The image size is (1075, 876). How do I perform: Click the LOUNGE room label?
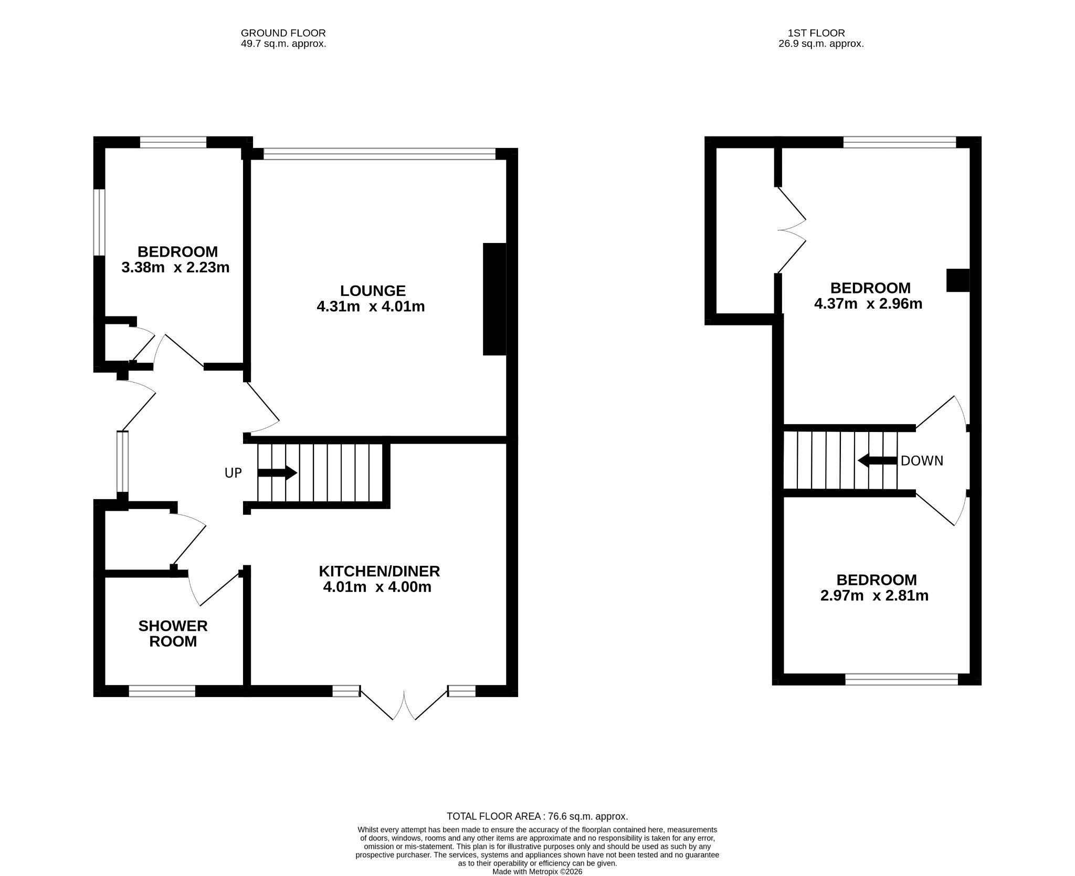click(373, 291)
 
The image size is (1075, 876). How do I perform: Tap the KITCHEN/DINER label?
click(380, 571)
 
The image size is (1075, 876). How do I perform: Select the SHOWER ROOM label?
click(173, 634)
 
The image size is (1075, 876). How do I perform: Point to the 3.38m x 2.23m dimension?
click(175, 268)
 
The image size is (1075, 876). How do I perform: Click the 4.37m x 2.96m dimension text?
click(868, 303)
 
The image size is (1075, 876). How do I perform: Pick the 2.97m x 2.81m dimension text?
click(874, 596)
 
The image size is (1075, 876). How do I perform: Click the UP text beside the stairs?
click(233, 473)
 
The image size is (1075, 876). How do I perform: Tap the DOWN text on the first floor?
click(922, 461)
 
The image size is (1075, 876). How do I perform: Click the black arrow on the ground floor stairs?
click(277, 473)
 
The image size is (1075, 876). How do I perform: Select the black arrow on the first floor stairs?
click(877, 461)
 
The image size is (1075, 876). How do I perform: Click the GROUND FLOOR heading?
click(283, 33)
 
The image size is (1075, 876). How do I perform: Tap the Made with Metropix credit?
click(537, 872)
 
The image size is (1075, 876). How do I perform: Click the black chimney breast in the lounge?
click(494, 299)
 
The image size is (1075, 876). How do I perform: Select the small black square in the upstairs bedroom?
click(958, 280)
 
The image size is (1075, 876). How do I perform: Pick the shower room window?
click(162, 691)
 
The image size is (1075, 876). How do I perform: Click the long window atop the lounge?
click(380, 154)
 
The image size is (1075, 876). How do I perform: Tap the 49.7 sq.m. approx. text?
click(283, 44)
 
